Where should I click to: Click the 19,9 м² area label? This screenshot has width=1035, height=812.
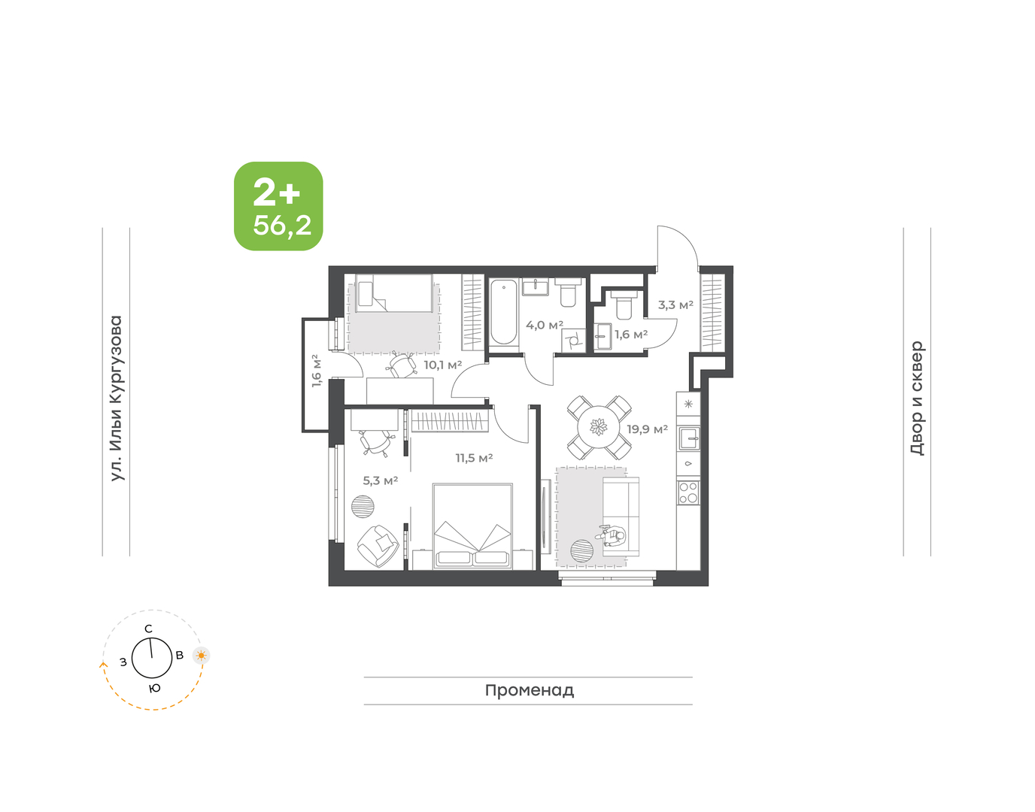tap(647, 429)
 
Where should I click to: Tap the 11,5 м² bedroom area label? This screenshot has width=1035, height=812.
tap(474, 458)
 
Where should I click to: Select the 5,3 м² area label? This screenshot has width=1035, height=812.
tap(380, 480)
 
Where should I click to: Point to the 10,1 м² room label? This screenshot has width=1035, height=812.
tap(443, 365)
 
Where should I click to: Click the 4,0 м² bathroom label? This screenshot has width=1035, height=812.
tap(545, 326)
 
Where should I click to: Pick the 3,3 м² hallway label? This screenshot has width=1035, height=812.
tap(675, 304)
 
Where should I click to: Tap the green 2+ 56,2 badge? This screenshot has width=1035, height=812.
tap(278, 206)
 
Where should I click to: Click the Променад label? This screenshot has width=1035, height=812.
tap(530, 690)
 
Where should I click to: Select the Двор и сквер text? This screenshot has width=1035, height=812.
tap(917, 398)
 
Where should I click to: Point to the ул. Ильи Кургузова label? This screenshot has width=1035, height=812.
tap(117, 398)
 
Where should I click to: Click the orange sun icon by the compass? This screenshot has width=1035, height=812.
tap(201, 656)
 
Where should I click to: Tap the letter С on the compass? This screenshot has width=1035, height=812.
tap(149, 629)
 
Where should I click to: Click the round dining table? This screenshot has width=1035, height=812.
tap(599, 427)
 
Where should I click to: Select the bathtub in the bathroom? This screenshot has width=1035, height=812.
tap(503, 312)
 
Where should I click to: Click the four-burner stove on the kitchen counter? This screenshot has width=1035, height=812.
tap(688, 492)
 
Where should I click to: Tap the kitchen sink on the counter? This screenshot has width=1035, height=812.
tap(689, 438)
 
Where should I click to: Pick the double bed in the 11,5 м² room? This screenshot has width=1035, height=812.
tap(472, 526)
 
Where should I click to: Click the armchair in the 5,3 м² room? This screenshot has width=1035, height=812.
tap(378, 545)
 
